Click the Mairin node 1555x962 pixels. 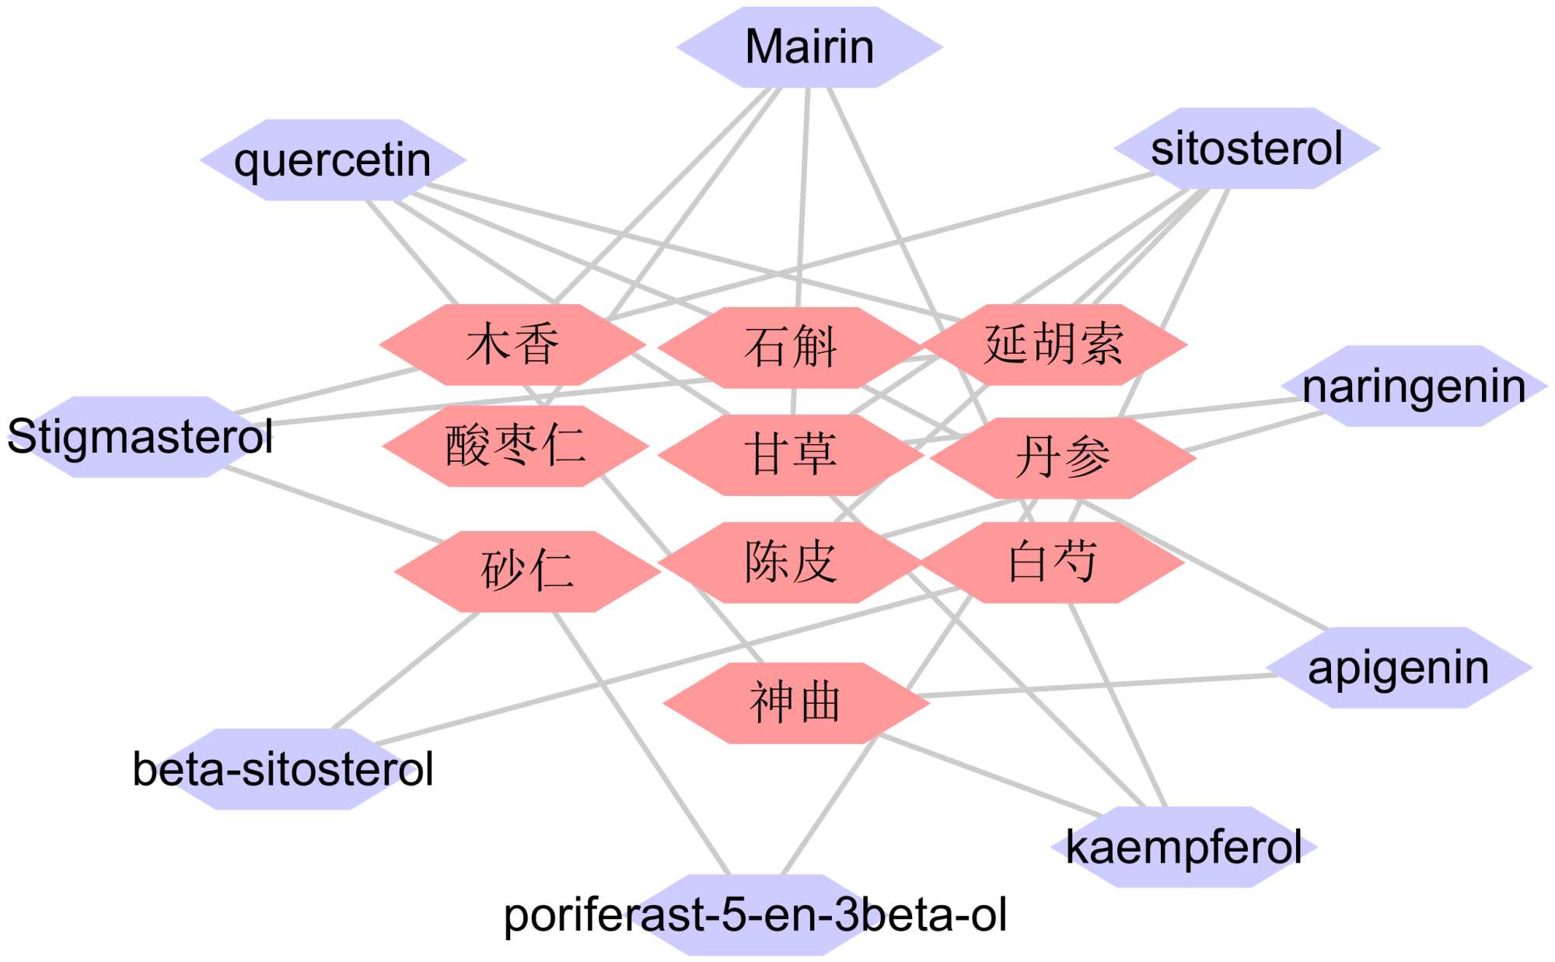click(809, 47)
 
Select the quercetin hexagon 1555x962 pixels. click(333, 160)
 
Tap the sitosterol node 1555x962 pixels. click(1246, 149)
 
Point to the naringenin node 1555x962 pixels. click(1413, 387)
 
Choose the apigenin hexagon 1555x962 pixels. click(1398, 668)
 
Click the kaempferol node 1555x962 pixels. click(1183, 847)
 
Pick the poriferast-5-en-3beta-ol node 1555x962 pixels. click(755, 915)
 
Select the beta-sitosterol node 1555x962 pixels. click(283, 769)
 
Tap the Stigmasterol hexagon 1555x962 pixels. click(140, 436)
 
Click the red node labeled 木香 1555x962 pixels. click(512, 345)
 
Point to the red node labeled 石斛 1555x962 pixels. click(791, 348)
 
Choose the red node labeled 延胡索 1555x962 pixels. click(1054, 345)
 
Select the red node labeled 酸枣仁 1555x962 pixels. click(515, 446)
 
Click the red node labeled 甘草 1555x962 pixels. click(791, 455)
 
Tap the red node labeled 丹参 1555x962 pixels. click(1063, 458)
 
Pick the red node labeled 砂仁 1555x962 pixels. click(527, 572)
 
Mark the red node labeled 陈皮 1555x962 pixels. click(791, 562)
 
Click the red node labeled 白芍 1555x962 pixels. click(1052, 562)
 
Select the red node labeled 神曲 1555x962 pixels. click(795, 703)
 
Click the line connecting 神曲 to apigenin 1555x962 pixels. click(1096, 686)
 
